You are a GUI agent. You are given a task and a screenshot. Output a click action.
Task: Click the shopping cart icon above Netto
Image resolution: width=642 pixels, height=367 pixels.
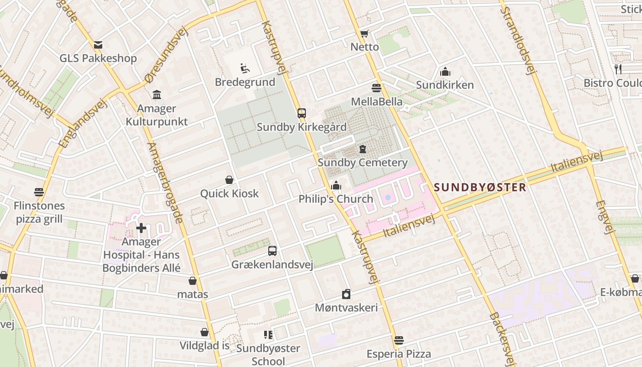click(364, 33)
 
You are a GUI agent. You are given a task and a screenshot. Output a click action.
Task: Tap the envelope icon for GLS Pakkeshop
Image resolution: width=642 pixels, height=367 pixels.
click(98, 45)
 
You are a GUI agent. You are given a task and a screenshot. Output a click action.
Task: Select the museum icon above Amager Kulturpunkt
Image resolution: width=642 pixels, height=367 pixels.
click(157, 95)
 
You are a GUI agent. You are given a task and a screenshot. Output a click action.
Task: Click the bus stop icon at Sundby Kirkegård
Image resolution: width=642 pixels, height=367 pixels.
click(301, 113)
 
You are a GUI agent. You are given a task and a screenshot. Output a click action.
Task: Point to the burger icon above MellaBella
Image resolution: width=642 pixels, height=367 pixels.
click(376, 88)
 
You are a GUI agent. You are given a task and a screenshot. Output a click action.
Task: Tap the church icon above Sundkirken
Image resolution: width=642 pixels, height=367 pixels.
click(445, 72)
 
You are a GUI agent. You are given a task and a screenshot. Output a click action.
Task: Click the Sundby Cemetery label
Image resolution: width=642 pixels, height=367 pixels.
click(362, 162)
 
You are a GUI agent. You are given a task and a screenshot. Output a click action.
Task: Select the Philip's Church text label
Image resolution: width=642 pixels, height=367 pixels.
click(336, 199)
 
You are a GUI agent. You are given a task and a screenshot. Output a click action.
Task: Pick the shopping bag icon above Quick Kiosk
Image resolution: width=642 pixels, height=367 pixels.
click(229, 180)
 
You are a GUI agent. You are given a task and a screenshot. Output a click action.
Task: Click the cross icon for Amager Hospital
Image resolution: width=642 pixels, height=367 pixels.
click(141, 228)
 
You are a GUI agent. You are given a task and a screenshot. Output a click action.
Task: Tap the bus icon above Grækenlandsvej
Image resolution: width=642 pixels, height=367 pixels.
click(272, 251)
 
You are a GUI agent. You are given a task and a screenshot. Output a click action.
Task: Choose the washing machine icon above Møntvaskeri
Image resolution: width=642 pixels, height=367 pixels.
click(346, 294)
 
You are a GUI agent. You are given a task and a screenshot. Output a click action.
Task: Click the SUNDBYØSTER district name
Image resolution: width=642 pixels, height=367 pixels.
click(480, 187)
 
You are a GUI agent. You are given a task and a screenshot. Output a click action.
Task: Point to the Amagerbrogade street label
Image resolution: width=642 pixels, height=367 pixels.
click(166, 183)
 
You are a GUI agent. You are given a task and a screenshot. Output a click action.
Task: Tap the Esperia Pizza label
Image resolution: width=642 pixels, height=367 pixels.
click(398, 354)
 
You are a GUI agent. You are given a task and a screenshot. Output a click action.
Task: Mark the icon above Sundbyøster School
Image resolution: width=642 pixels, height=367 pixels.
click(268, 335)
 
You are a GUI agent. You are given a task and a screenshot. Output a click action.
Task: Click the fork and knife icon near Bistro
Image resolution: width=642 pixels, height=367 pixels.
click(618, 69)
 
